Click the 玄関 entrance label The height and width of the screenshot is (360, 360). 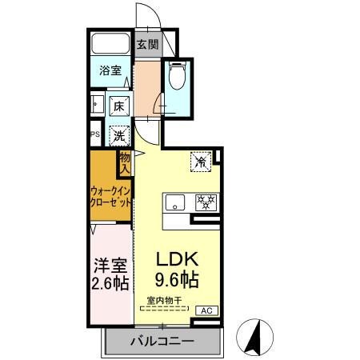[146, 45]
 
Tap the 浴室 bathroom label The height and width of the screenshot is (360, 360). [110, 70]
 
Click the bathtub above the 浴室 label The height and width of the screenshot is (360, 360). [110, 45]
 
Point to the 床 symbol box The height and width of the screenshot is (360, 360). [118, 106]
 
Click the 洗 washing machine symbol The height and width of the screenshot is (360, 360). [118, 136]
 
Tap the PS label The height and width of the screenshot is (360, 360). [94, 134]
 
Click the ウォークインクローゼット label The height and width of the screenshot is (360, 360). [110, 197]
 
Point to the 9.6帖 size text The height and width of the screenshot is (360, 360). [178, 281]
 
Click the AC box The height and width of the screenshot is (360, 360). [204, 310]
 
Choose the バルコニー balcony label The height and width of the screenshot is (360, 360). [162, 342]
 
